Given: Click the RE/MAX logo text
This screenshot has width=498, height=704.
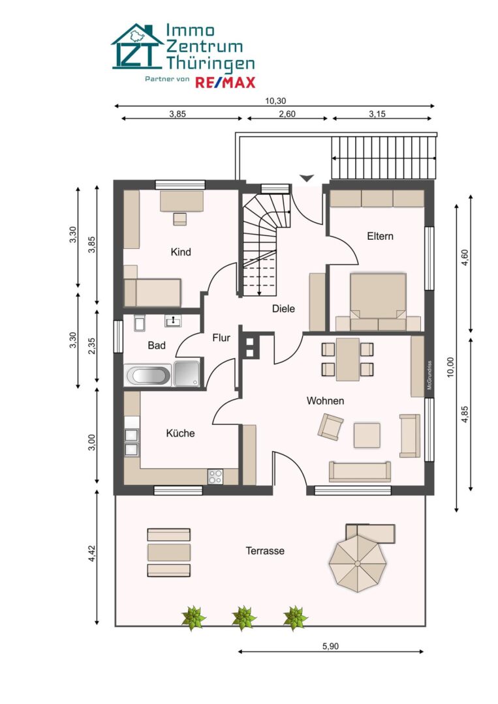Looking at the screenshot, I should [x=225, y=81].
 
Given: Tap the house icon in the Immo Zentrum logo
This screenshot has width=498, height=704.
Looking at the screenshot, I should [x=137, y=47].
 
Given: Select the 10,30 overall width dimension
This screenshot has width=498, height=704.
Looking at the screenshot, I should [x=275, y=100].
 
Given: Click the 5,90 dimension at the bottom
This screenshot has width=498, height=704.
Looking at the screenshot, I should [x=331, y=646].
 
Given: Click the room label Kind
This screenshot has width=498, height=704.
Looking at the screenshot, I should [x=180, y=252].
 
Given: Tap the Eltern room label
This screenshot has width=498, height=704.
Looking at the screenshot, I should [x=380, y=236].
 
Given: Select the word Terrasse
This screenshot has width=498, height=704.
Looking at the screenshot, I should [x=265, y=551].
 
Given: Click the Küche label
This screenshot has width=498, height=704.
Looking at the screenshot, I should [x=180, y=433].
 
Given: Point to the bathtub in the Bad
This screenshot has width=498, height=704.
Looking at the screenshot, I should [x=148, y=375].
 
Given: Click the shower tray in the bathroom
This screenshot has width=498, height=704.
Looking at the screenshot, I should [x=188, y=375].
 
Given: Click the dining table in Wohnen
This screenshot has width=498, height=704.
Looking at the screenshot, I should [x=348, y=359].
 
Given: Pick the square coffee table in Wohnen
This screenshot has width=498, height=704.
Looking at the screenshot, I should [x=367, y=435].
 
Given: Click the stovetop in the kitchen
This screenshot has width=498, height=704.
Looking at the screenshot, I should [x=215, y=477].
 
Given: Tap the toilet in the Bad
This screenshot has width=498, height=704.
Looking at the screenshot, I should [x=139, y=323].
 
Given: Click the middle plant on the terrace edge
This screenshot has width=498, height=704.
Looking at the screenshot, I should [x=244, y=617].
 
